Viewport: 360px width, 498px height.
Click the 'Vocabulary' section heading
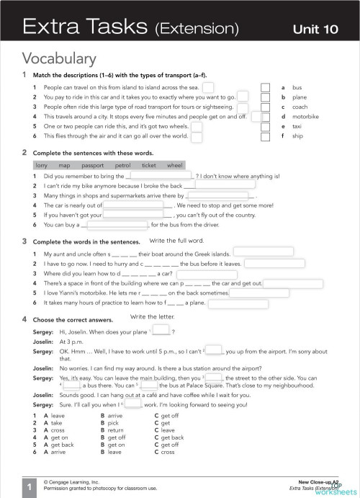point(59,58)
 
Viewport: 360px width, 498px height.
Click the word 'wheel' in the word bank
point(175,165)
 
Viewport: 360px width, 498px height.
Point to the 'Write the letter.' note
point(154,316)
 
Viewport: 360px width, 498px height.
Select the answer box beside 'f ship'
point(265,135)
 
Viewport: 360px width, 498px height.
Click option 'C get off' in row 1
point(166,416)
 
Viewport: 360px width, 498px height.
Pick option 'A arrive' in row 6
point(54,452)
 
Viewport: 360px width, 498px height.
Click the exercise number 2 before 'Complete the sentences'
point(24,153)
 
